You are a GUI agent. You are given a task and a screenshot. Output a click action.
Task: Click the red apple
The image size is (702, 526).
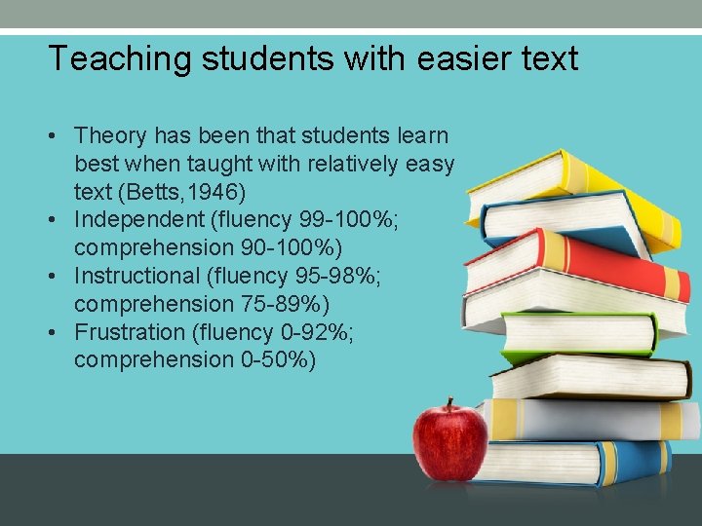[x=449, y=443]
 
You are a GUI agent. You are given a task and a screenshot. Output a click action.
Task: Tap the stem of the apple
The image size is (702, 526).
[x=450, y=404]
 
